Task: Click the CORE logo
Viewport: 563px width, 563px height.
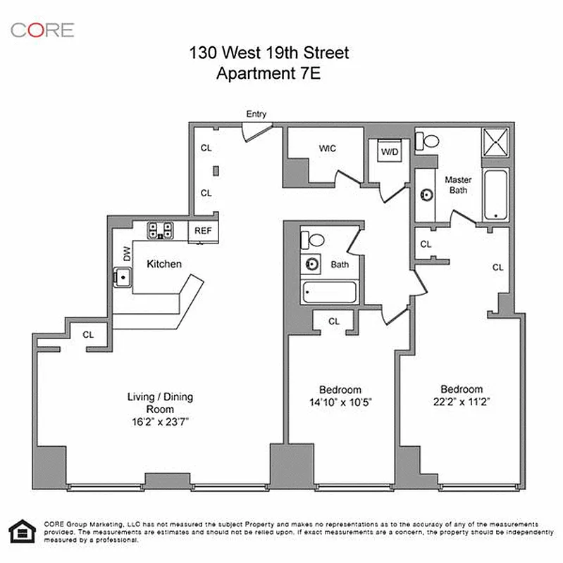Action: point(42,30)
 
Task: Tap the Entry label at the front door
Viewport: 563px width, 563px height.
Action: point(256,114)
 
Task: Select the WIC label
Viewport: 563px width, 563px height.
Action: point(327,148)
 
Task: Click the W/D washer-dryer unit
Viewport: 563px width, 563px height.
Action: point(388,151)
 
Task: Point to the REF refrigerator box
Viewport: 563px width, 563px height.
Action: point(203,230)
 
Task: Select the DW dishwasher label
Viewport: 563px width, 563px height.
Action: point(128,254)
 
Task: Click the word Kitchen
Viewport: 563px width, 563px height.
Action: point(164,265)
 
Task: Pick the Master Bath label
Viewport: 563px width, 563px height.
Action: point(458,184)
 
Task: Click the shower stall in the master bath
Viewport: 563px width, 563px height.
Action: point(496,144)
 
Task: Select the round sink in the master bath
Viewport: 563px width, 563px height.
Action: point(426,194)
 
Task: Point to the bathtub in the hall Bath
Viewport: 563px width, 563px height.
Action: point(330,291)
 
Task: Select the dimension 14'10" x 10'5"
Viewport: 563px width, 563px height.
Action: point(340,403)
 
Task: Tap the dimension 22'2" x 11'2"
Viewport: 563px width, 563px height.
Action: point(462,403)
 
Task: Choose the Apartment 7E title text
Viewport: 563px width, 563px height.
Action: point(268,72)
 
